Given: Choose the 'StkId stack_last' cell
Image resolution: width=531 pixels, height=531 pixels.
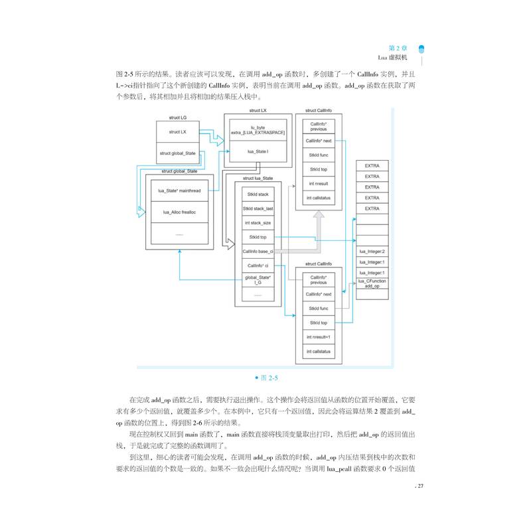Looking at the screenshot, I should pos(258,208).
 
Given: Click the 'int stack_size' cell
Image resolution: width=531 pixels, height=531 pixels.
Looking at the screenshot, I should pos(258,223).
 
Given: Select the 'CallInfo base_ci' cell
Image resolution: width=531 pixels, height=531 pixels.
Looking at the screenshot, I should pos(258,252).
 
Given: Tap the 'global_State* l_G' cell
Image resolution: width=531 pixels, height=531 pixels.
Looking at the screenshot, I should pos(258,280).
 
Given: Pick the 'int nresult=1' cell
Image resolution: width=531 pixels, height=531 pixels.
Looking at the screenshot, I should pos(319,337).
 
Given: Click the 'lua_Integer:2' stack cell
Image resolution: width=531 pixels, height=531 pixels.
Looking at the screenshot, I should pos(372,252).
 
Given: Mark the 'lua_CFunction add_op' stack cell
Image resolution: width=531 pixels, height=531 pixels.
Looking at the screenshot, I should pos(372,284).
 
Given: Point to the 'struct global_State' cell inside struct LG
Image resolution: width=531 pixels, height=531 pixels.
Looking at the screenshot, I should pos(178,153).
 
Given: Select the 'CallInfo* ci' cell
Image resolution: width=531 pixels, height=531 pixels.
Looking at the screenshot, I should pos(258,265).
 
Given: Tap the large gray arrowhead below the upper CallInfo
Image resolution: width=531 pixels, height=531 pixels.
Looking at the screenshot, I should pos(319,216).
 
